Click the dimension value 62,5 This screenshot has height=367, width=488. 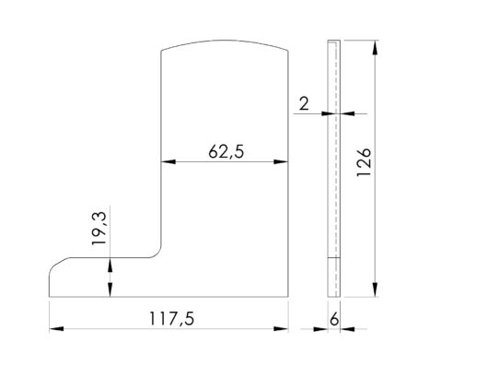pos(225,152)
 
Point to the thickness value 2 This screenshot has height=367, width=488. pos(303,103)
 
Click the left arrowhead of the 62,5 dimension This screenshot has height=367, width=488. pos(167,162)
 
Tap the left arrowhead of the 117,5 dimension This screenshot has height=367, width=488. pos(54,327)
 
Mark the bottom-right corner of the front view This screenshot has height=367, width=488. pos(287,297)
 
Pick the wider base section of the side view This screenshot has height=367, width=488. pos(335,278)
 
